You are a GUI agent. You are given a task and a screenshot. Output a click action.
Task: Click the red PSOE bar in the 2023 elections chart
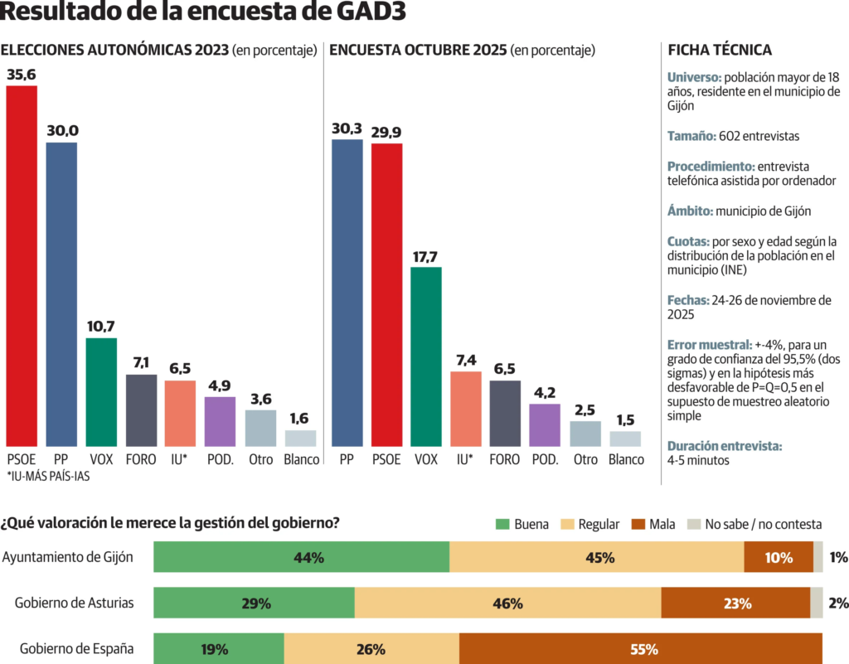click(22, 265)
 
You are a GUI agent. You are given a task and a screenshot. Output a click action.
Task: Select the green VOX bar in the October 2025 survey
click(426, 356)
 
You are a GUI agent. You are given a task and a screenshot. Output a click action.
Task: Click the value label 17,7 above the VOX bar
click(426, 256)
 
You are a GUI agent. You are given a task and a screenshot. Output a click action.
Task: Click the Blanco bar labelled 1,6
click(300, 438)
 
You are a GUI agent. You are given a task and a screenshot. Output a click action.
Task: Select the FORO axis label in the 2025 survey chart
click(506, 459)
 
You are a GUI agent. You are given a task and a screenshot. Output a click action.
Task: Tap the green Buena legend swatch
click(502, 524)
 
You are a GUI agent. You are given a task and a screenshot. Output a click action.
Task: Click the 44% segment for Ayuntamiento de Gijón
click(302, 557)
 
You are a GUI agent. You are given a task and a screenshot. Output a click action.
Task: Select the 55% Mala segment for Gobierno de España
click(640, 648)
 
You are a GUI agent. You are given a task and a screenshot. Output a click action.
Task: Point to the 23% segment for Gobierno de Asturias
click(735, 603)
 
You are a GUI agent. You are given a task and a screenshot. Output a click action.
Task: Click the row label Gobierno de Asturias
click(74, 603)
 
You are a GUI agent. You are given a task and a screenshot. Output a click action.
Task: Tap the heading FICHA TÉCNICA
click(719, 51)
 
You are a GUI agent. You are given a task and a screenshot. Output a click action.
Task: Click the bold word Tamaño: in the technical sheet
click(691, 135)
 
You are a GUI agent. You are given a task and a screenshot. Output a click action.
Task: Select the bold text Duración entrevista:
click(724, 445)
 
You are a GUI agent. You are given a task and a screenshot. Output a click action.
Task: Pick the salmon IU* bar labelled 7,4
click(466, 408)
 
